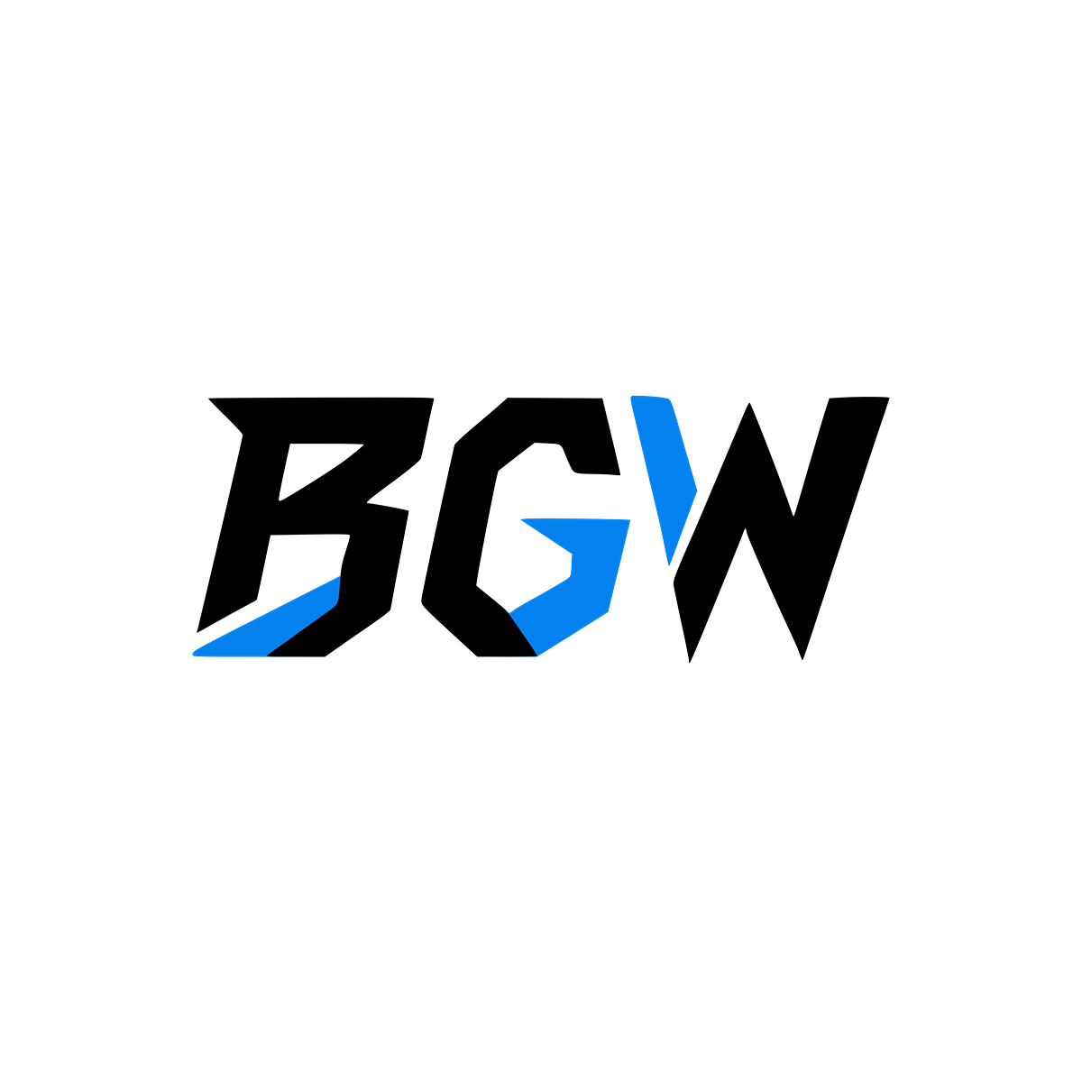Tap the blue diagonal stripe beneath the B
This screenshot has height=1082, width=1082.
click(x=270, y=623)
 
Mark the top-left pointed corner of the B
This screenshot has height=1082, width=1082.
click(x=209, y=399)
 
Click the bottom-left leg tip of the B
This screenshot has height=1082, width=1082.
click(x=197, y=632)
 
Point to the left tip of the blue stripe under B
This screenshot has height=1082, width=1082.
click(x=193, y=654)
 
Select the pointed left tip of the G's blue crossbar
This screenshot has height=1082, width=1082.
click(x=521, y=520)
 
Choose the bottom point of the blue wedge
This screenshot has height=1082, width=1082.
click(x=669, y=565)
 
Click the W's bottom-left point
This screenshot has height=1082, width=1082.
click(x=690, y=662)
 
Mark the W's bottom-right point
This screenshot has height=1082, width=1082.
click(x=802, y=659)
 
